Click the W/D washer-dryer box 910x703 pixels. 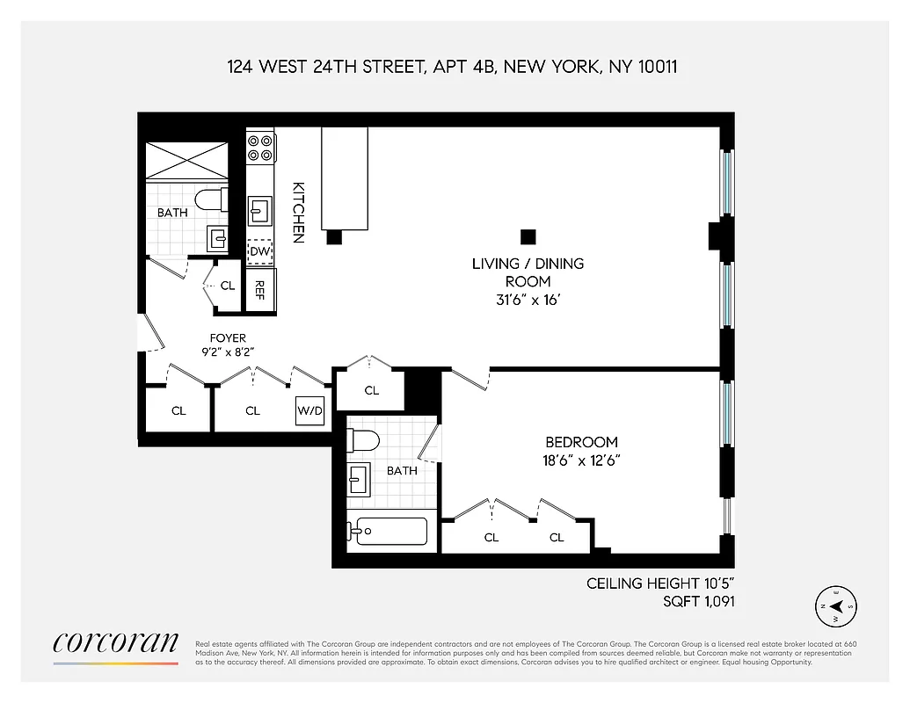309,410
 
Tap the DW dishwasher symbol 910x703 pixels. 259,252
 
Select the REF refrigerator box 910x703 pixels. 260,289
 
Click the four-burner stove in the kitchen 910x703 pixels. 259,147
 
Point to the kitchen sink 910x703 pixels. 260,211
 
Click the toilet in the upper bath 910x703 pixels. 212,199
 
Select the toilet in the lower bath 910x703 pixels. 362,439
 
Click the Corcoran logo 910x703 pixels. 115,644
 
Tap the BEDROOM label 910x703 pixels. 581,442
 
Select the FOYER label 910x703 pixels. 228,337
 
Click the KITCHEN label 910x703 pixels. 299,212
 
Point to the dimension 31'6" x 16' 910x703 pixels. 528,300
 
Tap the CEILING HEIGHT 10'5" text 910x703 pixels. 660,583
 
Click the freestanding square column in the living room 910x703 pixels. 528,236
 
